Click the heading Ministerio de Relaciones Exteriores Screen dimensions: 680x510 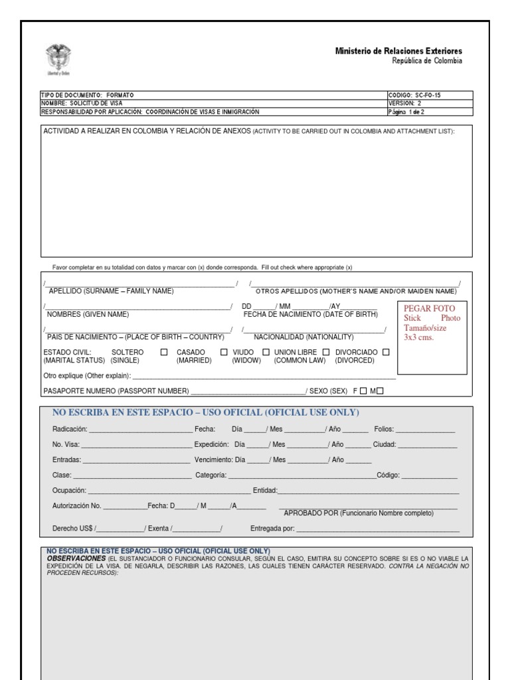click(x=399, y=51)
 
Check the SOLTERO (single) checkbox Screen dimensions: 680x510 click(x=164, y=352)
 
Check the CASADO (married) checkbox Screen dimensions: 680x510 click(x=224, y=352)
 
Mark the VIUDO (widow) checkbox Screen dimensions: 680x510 click(x=266, y=352)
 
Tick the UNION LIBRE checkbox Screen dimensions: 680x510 click(x=326, y=352)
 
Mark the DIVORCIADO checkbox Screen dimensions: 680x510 click(x=386, y=352)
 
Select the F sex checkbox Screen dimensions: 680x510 click(x=363, y=391)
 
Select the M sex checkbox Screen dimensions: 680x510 click(x=380, y=391)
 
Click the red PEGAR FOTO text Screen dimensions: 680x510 click(x=430, y=309)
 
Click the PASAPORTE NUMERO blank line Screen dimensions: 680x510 click(x=247, y=392)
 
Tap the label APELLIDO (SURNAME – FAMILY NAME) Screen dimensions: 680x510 click(x=111, y=292)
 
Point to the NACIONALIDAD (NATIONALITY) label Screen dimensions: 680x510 click(x=304, y=337)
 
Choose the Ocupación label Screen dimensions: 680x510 click(x=69, y=491)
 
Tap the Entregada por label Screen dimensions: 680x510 click(x=272, y=529)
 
